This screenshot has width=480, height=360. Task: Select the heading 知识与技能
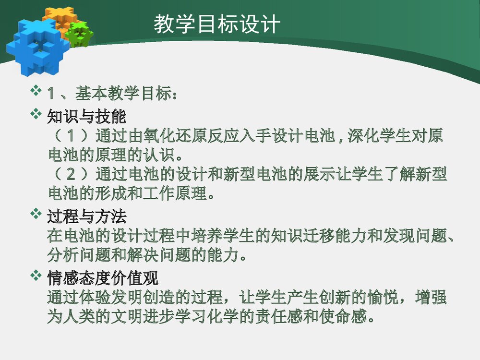86,117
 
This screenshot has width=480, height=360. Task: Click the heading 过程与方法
86,217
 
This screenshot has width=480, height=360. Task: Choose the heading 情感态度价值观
102,278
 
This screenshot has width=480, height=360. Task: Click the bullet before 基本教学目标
36,90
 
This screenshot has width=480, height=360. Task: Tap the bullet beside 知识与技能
36,114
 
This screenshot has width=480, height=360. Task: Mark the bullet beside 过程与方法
36,214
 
